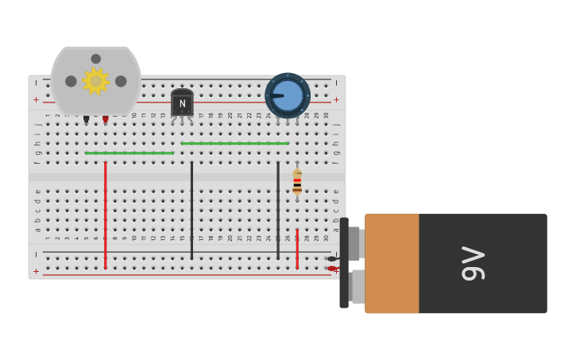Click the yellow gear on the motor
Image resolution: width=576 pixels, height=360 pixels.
click(96, 81)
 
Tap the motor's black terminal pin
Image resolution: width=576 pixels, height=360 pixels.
click(87, 119)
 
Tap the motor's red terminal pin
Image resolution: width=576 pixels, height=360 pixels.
click(105, 119)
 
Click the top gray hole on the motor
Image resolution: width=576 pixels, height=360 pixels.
click(96, 59)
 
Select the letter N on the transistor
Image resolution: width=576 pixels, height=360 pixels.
click(182, 104)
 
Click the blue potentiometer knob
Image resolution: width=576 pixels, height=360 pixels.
click(288, 95)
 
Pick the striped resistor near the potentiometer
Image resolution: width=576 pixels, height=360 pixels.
click(297, 183)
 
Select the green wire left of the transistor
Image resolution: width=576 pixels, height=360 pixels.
click(130, 153)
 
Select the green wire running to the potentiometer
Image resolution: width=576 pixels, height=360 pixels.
click(234, 143)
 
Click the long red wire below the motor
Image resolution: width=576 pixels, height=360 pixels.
click(105, 215)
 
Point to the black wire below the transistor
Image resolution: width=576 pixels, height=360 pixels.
click(191, 211)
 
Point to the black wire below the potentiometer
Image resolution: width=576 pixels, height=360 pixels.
click(278, 211)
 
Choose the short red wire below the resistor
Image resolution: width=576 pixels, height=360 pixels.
click(297, 249)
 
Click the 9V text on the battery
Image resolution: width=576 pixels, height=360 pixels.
click(474, 263)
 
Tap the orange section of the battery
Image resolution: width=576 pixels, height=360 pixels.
click(392, 263)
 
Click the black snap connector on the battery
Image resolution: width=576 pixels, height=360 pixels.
click(344, 263)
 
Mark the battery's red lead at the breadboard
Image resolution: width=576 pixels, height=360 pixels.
click(331, 269)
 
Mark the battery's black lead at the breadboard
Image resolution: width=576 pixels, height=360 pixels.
click(331, 258)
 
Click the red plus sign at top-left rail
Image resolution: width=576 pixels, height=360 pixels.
click(36, 100)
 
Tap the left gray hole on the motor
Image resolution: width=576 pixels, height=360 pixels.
click(71, 81)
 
